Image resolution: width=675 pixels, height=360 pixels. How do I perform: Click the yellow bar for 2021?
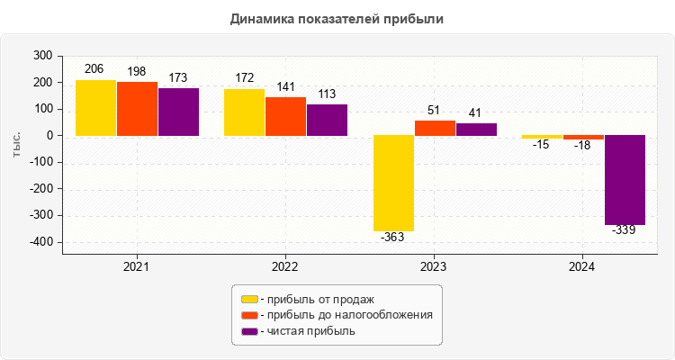coord(95,108)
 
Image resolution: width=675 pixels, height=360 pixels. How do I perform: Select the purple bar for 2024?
coord(625,180)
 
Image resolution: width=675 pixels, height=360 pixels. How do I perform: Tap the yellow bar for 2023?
coord(393,184)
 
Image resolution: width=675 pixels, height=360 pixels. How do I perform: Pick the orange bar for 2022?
coord(285,116)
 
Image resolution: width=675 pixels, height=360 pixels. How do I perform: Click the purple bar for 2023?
coord(476,129)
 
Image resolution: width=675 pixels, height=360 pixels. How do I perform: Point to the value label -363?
coord(393,238)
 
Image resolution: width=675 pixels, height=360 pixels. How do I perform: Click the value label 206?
coord(95,68)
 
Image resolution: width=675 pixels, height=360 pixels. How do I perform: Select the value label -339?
coord(625,230)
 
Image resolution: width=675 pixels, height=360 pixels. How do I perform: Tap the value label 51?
coord(434,110)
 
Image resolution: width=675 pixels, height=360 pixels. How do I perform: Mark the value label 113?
coord(327,94)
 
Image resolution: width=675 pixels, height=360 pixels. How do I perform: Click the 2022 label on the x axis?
coord(285,267)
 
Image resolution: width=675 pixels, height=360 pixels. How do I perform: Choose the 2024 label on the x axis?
coord(582,267)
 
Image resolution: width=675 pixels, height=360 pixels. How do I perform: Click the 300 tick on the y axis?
coord(41,56)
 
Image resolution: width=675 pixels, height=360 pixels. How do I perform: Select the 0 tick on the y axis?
coord(48,136)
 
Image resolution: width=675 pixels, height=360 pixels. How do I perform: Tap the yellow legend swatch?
coord(249,299)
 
